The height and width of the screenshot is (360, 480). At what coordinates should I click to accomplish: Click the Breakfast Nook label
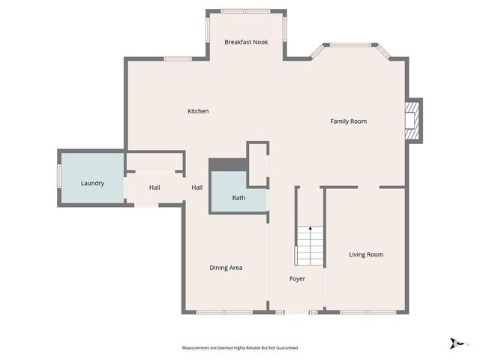coord(246,43)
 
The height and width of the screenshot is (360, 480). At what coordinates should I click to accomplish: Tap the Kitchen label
coord(198,112)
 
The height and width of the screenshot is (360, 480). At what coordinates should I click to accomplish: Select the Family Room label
coord(349,121)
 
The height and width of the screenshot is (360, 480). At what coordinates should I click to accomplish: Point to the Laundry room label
coord(92,183)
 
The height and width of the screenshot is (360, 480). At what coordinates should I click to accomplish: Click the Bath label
coord(238,198)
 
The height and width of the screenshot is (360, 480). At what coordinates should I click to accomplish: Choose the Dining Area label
coord(226,268)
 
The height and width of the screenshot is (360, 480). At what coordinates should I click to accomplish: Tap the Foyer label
coord(298,279)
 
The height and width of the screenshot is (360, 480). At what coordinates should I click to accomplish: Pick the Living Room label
coord(366,254)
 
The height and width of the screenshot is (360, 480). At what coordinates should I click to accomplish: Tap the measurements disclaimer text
coord(240,348)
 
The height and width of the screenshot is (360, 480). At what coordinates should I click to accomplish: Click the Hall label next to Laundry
coord(154,187)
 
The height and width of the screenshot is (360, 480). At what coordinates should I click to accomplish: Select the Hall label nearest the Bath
coord(196,187)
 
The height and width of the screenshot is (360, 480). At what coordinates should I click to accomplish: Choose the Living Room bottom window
coord(364,311)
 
